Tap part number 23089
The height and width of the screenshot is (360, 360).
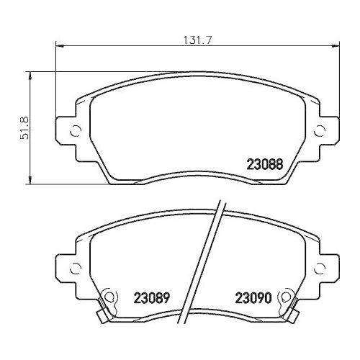pyautogui.click(x=151, y=297)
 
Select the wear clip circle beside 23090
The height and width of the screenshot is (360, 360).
pyautogui.click(x=287, y=297)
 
